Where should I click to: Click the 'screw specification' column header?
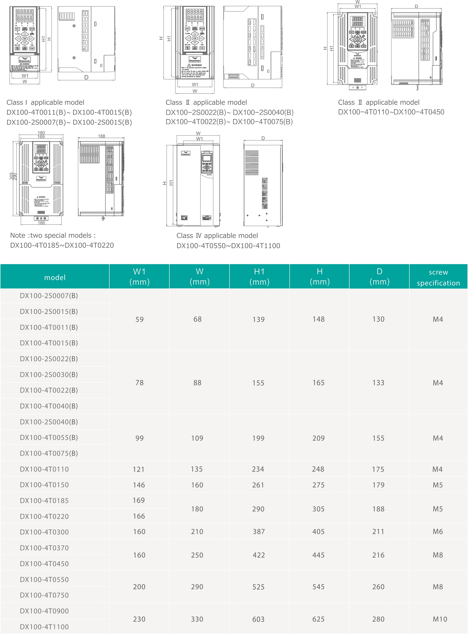438,277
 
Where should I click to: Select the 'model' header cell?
55,278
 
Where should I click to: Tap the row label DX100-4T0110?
44,469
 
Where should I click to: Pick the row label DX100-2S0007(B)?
49,296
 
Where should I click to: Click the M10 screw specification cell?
440,619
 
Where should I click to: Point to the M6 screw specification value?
438,532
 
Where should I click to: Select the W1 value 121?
139,469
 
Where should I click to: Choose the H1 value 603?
258,619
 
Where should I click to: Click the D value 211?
378,532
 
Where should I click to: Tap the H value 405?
318,532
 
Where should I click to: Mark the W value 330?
197,619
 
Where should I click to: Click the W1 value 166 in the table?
139,516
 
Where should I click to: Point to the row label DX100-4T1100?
44,627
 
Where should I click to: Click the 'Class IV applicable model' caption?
217,235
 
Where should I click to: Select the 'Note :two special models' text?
53,235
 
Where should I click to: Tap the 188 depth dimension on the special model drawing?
101,136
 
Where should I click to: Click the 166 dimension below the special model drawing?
41,223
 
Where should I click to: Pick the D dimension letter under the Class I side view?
86,77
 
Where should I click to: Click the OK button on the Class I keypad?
25,39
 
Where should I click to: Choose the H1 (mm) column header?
259,277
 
